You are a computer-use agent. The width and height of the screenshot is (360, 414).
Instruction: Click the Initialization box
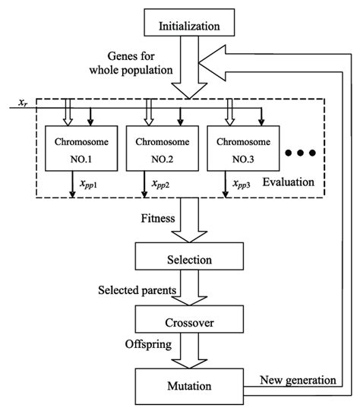190,27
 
